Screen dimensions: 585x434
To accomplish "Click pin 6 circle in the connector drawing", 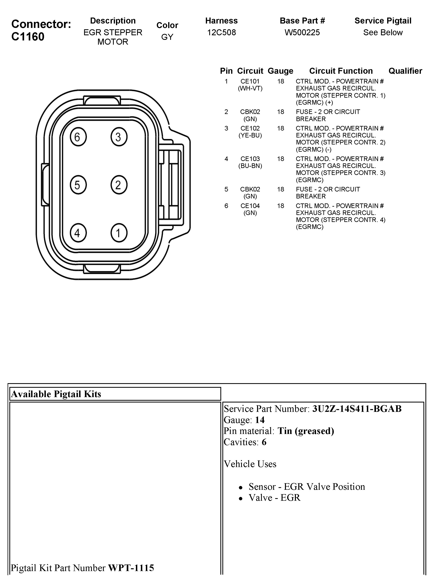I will [x=78, y=137].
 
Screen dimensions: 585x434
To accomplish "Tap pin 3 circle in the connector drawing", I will [x=119, y=137].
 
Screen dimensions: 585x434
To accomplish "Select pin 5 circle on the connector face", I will [x=78, y=185].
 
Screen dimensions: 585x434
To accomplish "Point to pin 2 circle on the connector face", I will [x=119, y=185].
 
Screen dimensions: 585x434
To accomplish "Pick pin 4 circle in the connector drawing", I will [x=78, y=233].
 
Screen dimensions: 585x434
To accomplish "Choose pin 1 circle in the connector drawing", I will [x=119, y=233].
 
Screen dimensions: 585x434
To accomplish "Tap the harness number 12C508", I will [x=221, y=32].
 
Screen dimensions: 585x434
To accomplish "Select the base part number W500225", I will [x=302, y=32].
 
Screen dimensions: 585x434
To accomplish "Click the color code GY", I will [x=167, y=37].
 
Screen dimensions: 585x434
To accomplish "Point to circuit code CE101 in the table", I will [x=250, y=81].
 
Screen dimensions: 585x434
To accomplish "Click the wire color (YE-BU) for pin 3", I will [x=250, y=135].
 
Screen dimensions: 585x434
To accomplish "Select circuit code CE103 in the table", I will [x=250, y=159].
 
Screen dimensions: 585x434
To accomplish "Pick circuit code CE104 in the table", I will [x=250, y=206].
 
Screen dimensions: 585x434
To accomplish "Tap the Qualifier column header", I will [x=405, y=71].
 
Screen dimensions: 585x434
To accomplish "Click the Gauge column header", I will [x=280, y=71].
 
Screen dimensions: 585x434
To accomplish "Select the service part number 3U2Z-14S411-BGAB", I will [x=357, y=409].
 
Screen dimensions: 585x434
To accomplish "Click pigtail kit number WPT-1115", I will [x=131, y=568].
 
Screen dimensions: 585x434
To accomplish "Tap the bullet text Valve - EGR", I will [x=274, y=498].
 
